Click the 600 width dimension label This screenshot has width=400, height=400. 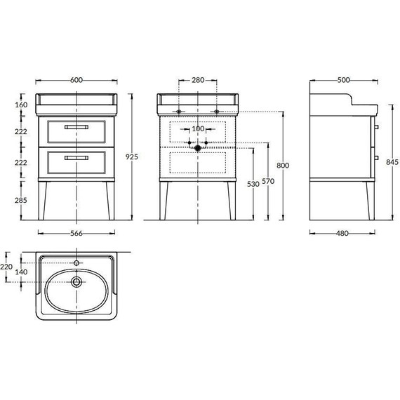click(76, 80)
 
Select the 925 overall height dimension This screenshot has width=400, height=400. click(132, 156)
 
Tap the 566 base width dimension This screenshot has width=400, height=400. click(76, 233)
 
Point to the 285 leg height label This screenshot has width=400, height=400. click(20, 200)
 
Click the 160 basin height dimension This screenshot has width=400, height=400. click(21, 105)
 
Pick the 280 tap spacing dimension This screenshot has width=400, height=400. click(198, 80)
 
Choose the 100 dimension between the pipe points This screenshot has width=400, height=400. click(198, 129)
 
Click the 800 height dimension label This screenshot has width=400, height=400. click(283, 166)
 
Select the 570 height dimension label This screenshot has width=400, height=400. click(268, 181)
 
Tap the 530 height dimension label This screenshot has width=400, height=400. click(253, 184)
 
